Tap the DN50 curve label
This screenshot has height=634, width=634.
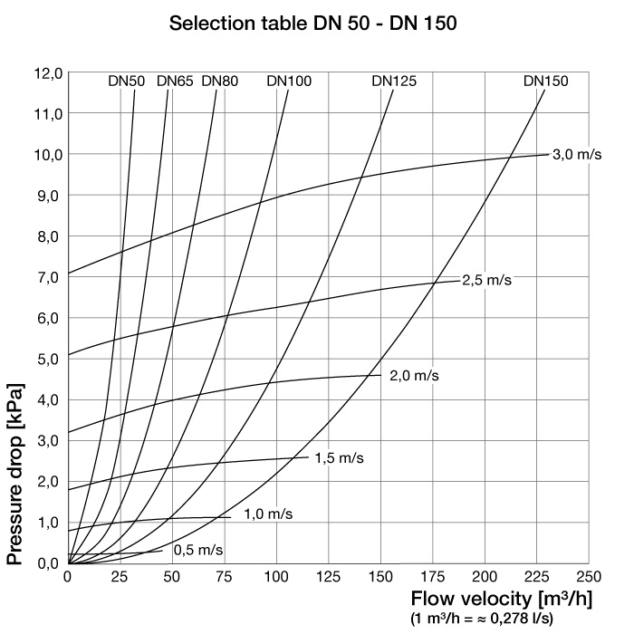126,82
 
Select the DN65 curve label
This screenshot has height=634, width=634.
175,82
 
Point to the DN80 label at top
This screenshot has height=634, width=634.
220,82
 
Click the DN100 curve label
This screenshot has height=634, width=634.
289,82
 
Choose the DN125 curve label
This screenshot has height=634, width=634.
394,82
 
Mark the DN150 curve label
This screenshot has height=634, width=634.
545,82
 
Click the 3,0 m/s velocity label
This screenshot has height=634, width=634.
577,155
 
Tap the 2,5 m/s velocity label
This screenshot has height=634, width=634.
486,280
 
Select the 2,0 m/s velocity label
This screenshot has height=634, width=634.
414,376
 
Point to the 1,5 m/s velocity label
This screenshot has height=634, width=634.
339,458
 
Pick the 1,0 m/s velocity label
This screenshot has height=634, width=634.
268,514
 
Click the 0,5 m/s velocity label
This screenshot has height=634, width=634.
198,550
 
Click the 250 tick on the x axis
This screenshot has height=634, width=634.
589,577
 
